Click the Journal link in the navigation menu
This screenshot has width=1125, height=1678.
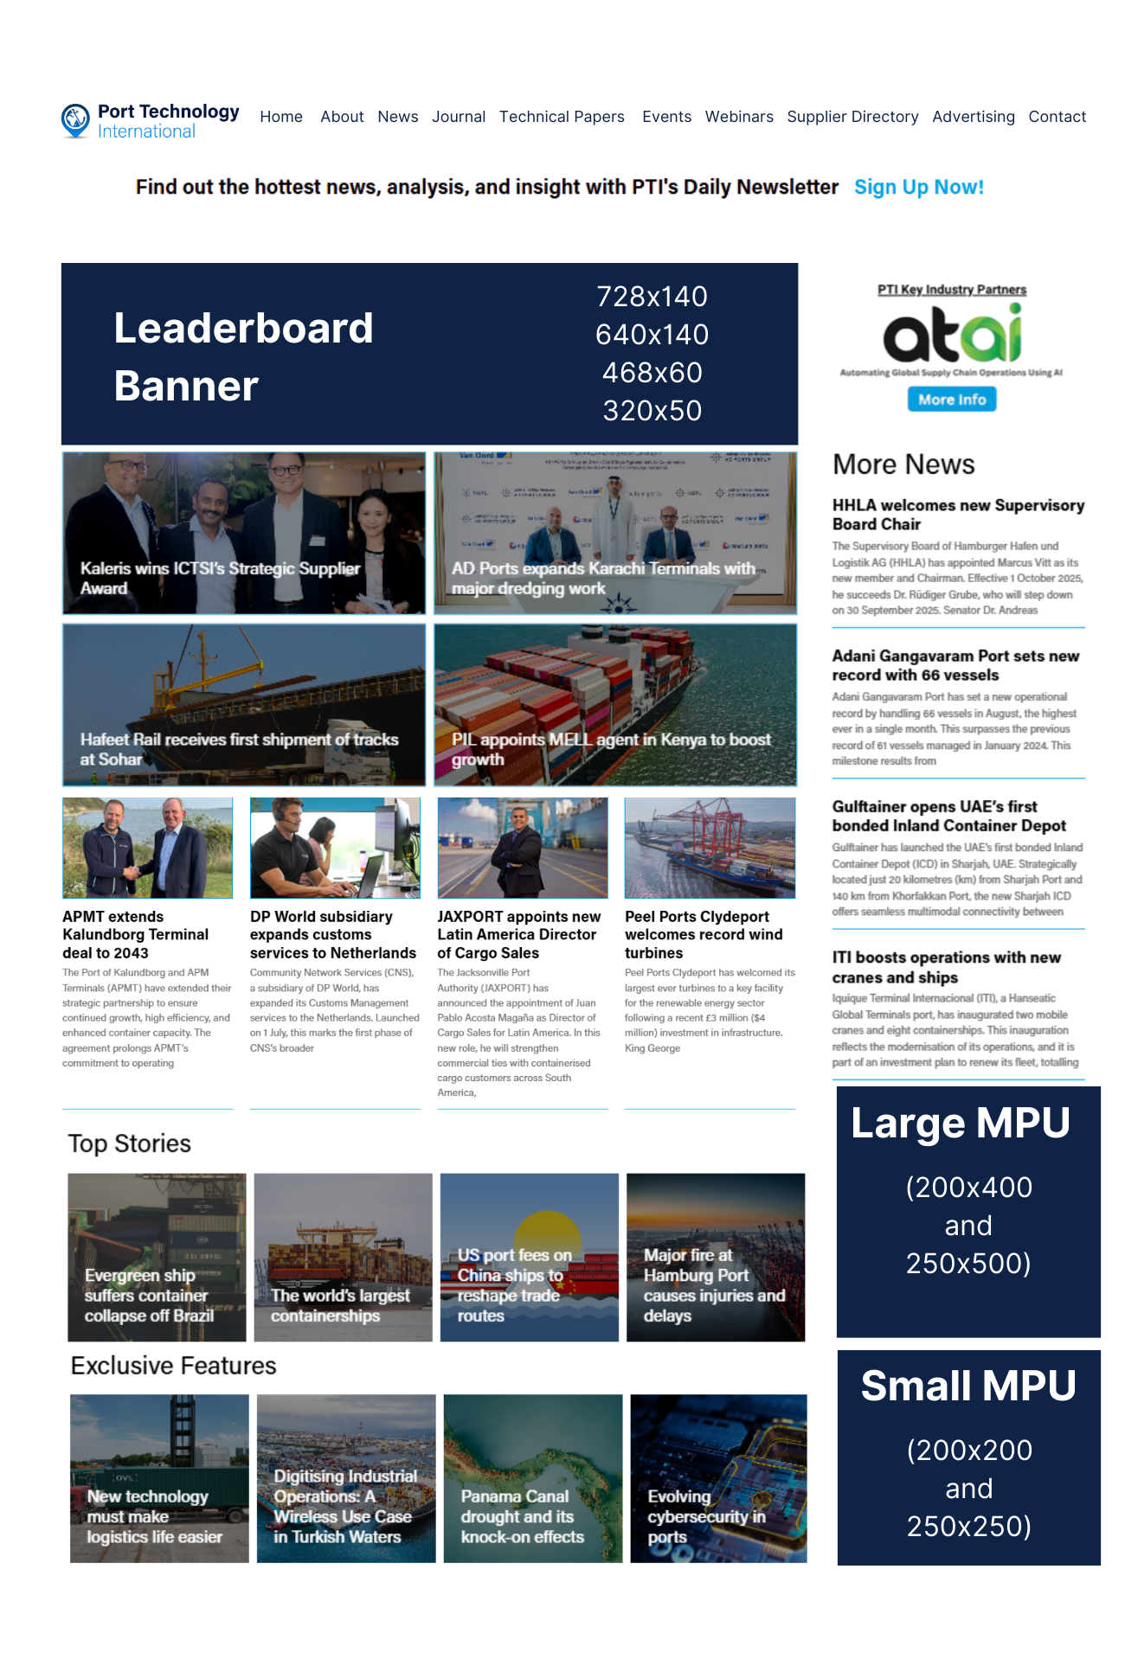pos(458,117)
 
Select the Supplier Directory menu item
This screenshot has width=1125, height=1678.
pos(852,117)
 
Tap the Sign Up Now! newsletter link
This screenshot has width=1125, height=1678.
pos(918,187)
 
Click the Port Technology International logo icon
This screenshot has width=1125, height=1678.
pos(75,119)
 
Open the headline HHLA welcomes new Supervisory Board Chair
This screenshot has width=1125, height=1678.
pos(957,515)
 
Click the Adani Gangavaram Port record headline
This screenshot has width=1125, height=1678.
pos(955,665)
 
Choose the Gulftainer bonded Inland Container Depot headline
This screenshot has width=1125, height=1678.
pos(948,816)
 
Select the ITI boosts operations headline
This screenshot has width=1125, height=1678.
pos(946,967)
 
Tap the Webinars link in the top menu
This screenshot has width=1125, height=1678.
pos(738,117)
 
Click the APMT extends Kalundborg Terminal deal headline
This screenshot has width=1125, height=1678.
pos(135,934)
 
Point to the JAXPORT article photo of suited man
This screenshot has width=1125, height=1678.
pos(522,848)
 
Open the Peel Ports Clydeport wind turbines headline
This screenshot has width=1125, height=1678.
pos(703,934)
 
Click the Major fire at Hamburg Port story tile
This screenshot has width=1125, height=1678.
pos(715,1257)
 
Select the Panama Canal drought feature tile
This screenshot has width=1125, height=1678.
pos(532,1478)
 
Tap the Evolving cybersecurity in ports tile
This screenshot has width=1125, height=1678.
pos(718,1478)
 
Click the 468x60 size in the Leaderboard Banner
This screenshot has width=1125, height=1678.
pos(652,373)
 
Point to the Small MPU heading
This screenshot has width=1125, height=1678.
pos(967,1386)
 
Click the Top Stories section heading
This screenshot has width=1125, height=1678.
pos(130,1143)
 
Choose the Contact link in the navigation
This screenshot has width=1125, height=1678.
pos(1057,117)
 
